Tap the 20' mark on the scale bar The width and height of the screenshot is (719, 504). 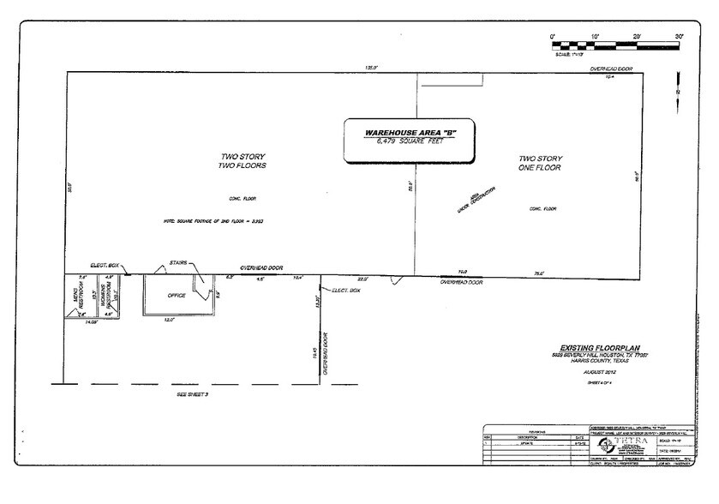point(637,36)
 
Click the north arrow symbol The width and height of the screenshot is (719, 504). point(677,89)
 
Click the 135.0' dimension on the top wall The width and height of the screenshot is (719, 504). point(372,68)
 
